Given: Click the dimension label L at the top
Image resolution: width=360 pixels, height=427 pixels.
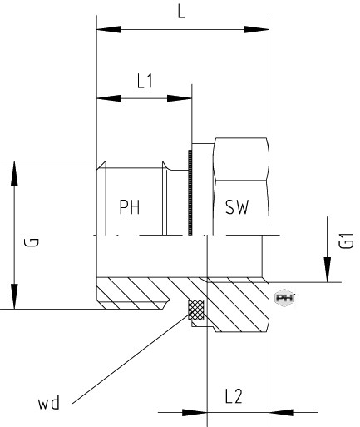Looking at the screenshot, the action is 181,13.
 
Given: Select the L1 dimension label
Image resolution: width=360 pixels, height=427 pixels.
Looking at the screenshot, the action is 145,82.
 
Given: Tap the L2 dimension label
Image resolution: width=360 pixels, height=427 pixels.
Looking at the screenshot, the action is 234,396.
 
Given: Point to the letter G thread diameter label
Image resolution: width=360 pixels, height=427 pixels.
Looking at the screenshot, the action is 32,242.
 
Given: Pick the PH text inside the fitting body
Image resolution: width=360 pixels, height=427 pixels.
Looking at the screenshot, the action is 130,207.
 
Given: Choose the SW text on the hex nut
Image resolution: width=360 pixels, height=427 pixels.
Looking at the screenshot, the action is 237,207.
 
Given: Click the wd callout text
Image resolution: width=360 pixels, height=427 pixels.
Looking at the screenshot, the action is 49,403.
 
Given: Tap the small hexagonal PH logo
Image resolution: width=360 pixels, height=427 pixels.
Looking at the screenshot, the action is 284,298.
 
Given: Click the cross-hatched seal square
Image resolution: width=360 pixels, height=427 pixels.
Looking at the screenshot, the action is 196,310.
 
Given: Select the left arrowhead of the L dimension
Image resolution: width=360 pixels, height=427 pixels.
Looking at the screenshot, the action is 109,29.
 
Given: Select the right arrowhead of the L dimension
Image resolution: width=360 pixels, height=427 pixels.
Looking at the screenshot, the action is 256,29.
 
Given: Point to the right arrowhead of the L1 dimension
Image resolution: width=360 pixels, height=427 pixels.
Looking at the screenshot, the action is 180,98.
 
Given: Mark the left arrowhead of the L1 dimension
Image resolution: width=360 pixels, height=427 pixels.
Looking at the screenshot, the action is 109,98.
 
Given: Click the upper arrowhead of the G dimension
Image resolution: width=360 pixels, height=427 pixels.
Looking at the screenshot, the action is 14,173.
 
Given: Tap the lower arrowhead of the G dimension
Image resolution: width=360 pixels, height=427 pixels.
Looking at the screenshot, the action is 14,296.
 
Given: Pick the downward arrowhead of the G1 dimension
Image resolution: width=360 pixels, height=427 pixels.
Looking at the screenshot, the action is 328,270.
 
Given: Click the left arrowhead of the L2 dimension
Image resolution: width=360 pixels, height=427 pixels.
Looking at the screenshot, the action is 195,412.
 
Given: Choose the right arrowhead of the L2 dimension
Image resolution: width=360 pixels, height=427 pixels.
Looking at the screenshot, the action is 281,412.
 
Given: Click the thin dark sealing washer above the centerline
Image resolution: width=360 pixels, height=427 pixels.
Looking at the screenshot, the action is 190,192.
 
